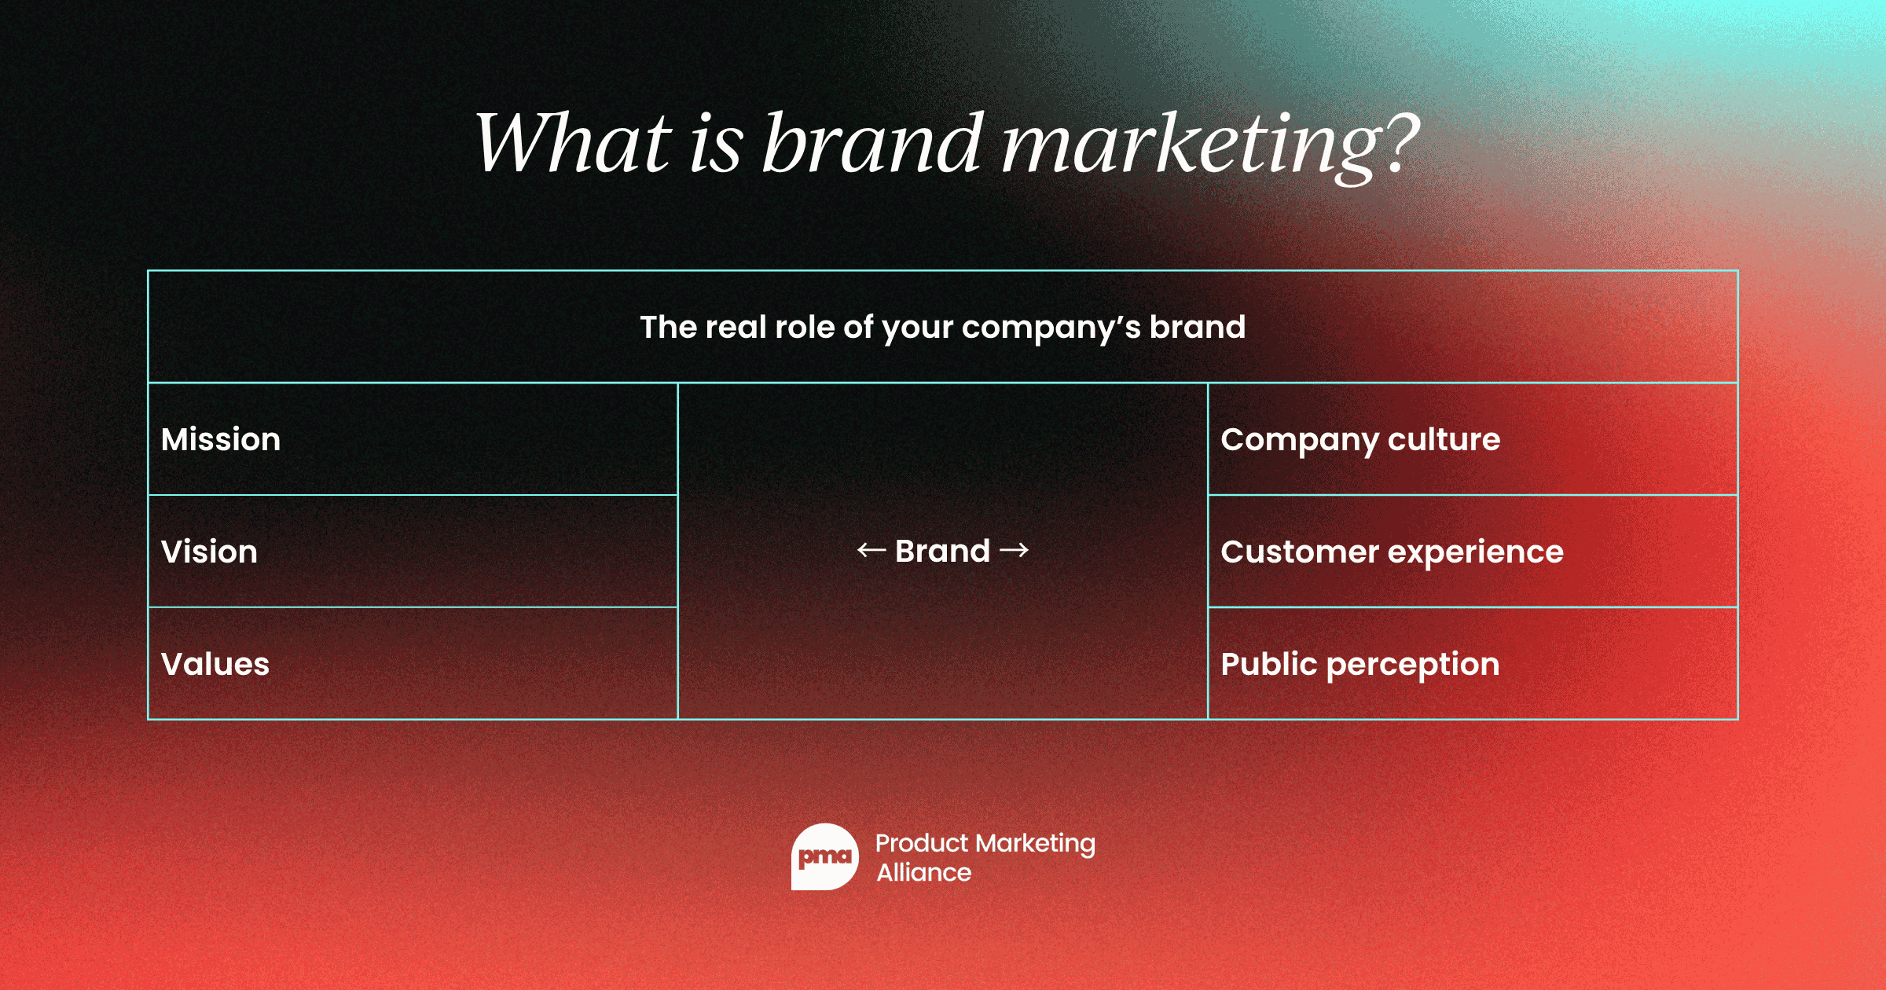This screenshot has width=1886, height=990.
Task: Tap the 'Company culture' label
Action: pyautogui.click(x=1360, y=439)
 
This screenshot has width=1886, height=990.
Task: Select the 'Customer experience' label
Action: pyautogui.click(x=1392, y=552)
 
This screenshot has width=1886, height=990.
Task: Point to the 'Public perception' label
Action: pyautogui.click(x=1360, y=664)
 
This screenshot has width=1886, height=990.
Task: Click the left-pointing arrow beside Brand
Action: pyautogui.click(x=871, y=550)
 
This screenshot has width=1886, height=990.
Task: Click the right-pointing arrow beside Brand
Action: pyautogui.click(x=1014, y=550)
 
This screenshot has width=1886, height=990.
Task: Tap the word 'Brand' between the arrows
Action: pyautogui.click(x=942, y=551)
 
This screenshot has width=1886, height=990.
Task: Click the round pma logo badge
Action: pyautogui.click(x=824, y=856)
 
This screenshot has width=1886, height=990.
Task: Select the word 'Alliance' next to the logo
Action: pyautogui.click(x=924, y=872)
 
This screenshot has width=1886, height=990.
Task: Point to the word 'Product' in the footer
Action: pyautogui.click(x=921, y=843)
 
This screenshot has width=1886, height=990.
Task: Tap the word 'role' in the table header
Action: pyautogui.click(x=805, y=327)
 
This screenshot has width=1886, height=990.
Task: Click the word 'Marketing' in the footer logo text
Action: pyautogui.click(x=1036, y=844)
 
